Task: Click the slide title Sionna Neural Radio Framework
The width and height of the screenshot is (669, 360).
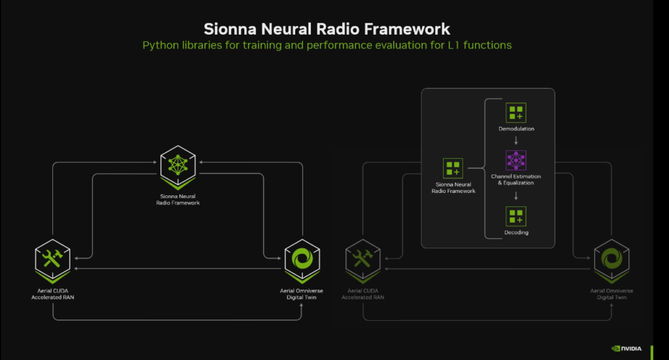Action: (x=327, y=29)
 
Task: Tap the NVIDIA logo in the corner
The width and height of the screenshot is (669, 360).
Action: (x=627, y=348)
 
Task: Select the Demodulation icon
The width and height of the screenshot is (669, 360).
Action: (x=516, y=113)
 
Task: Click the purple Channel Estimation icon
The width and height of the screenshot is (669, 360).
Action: (x=516, y=160)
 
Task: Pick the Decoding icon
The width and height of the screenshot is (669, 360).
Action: (x=516, y=217)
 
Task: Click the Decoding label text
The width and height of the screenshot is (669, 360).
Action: (x=516, y=233)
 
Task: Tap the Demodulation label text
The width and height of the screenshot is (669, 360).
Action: (x=516, y=129)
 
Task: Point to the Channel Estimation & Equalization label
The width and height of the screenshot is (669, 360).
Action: (x=516, y=180)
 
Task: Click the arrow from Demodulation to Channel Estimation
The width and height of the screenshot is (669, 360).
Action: (x=516, y=140)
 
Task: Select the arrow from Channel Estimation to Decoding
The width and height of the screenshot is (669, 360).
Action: (x=516, y=196)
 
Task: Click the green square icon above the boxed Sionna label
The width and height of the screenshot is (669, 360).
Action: (x=453, y=169)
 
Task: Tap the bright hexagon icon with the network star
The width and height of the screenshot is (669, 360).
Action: (x=178, y=167)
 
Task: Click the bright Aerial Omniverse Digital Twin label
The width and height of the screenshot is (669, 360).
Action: (x=301, y=294)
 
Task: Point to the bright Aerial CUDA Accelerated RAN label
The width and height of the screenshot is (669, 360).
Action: (x=52, y=294)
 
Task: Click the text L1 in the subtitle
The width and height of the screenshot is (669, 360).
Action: (x=453, y=45)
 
